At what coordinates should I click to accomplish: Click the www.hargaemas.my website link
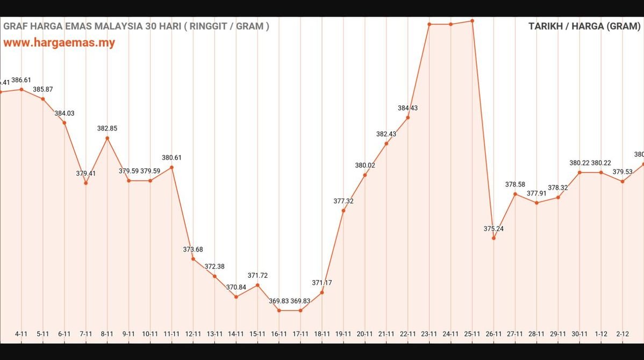59,43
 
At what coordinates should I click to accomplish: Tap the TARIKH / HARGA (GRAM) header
584,26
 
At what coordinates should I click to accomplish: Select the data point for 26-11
493,238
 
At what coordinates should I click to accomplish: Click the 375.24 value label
493,229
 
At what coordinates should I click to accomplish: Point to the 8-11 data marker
107,138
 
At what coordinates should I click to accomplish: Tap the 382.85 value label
107,128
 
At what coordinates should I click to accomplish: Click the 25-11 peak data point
472,21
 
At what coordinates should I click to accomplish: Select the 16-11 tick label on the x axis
278,334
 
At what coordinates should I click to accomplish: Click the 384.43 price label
407,108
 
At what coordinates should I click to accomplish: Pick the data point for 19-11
343,210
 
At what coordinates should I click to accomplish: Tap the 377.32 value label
343,201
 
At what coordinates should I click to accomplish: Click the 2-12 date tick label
622,334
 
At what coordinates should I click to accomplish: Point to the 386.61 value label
21,80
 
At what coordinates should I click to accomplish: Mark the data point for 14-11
236,297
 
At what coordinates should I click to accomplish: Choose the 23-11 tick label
429,334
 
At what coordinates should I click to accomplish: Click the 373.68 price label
193,249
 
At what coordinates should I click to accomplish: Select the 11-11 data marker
171,167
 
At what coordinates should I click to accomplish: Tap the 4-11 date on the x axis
21,334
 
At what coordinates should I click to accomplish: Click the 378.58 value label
515,185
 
